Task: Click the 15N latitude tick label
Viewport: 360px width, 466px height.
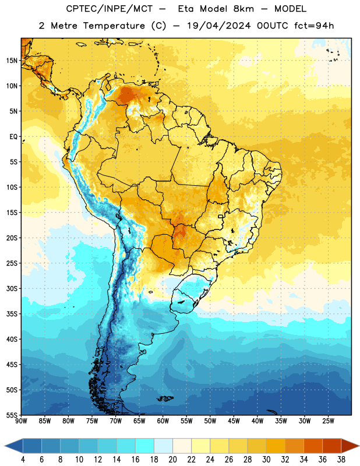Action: pos(12,61)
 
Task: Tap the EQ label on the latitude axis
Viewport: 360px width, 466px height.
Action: pos(13,137)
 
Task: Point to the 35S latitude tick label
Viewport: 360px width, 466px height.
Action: pos(12,314)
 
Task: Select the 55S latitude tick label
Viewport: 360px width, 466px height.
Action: pos(12,415)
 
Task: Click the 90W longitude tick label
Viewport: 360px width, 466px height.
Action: pos(21,421)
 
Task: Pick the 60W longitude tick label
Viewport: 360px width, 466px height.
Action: pos(163,421)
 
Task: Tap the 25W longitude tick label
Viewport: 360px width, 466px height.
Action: pos(328,421)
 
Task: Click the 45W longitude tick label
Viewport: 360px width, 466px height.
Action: pos(234,421)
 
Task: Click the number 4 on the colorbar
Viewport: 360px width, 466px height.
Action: pos(23,460)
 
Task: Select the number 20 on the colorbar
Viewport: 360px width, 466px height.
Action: pos(172,460)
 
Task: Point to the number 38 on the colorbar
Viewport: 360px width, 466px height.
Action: pos(341,460)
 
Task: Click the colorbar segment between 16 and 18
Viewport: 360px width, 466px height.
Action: pos(145,446)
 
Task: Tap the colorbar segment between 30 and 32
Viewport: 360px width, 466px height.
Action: pos(276,446)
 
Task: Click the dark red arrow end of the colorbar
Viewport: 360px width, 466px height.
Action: pos(350,446)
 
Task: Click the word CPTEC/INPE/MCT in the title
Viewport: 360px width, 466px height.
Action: pos(110,9)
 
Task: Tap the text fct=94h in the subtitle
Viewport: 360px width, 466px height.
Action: pos(314,26)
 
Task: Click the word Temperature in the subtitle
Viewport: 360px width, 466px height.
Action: pos(114,26)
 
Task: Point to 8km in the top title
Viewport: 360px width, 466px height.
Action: pos(243,9)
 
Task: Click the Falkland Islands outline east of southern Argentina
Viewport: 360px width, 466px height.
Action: pos(165,398)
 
